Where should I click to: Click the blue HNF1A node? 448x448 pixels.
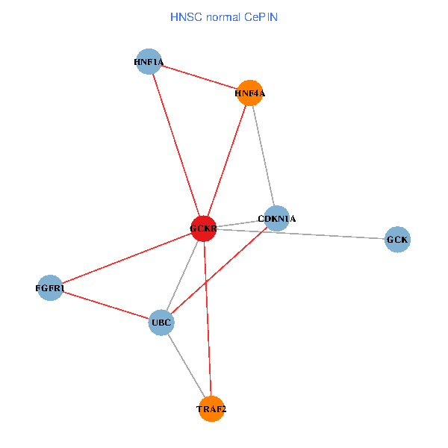click(x=149, y=61)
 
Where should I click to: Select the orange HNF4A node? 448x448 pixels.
click(x=249, y=93)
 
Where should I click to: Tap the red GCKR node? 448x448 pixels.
click(x=203, y=228)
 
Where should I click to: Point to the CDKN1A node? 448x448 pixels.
click(x=276, y=219)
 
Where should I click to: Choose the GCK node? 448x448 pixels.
click(x=397, y=240)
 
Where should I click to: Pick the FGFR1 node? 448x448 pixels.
click(x=51, y=287)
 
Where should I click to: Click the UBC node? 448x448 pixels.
click(x=161, y=323)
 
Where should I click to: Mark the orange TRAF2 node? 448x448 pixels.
click(x=211, y=408)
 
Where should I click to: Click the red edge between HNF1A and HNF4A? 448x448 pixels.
click(x=199, y=77)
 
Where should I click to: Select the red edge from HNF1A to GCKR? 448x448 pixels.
click(x=176, y=145)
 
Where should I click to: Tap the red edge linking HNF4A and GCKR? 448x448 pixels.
click(x=226, y=161)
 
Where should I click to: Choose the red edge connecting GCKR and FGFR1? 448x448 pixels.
click(x=127, y=258)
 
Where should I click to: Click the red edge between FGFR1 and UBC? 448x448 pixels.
click(x=106, y=305)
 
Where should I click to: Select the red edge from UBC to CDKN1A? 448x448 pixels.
click(x=219, y=270)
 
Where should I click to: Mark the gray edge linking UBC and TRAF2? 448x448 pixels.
click(x=186, y=365)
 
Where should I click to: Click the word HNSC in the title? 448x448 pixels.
click(x=184, y=16)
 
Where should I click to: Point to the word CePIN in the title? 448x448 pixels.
click(x=261, y=16)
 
